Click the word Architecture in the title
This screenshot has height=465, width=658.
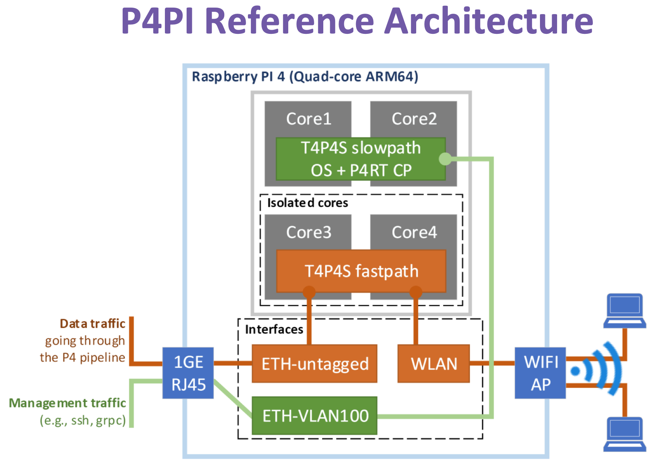489,21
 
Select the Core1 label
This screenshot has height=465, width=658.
308,119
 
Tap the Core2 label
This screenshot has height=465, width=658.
414,119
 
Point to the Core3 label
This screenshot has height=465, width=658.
308,232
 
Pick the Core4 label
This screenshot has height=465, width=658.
414,232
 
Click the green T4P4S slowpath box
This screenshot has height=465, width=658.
360,159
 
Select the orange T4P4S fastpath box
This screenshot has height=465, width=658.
361,271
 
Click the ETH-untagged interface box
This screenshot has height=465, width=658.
315,364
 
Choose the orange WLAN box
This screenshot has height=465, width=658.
434,364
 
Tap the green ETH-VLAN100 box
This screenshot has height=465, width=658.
315,416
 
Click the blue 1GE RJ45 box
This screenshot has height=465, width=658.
188,373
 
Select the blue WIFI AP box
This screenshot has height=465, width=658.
540,373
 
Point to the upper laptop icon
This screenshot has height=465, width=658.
624,311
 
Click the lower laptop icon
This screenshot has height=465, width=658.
624,434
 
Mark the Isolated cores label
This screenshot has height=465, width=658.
307,203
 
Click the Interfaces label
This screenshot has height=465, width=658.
274,329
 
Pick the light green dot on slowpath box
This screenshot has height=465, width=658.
445,159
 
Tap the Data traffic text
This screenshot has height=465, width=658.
93,323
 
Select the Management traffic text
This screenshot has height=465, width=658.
67,403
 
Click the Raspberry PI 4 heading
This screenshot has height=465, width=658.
305,76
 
